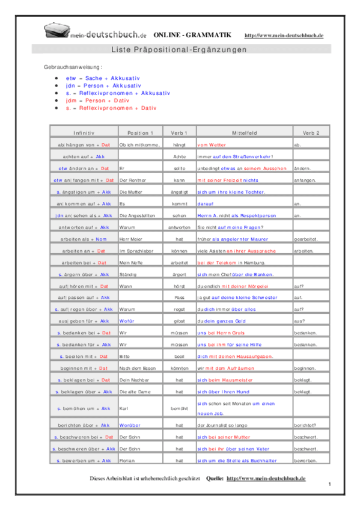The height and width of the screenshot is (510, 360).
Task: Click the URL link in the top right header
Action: tap(284, 36)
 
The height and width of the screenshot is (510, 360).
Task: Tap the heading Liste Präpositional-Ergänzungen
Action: tap(179, 50)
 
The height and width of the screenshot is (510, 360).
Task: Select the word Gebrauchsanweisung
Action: tap(73, 67)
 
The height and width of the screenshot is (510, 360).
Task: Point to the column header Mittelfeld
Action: tap(243, 132)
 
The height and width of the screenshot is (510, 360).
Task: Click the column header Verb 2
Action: tap(311, 132)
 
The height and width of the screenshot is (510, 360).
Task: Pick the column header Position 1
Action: tap(141, 132)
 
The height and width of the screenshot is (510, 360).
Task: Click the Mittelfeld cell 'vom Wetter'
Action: tap(212, 145)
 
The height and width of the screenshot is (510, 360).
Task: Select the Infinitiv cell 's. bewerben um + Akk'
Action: tap(84, 460)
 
